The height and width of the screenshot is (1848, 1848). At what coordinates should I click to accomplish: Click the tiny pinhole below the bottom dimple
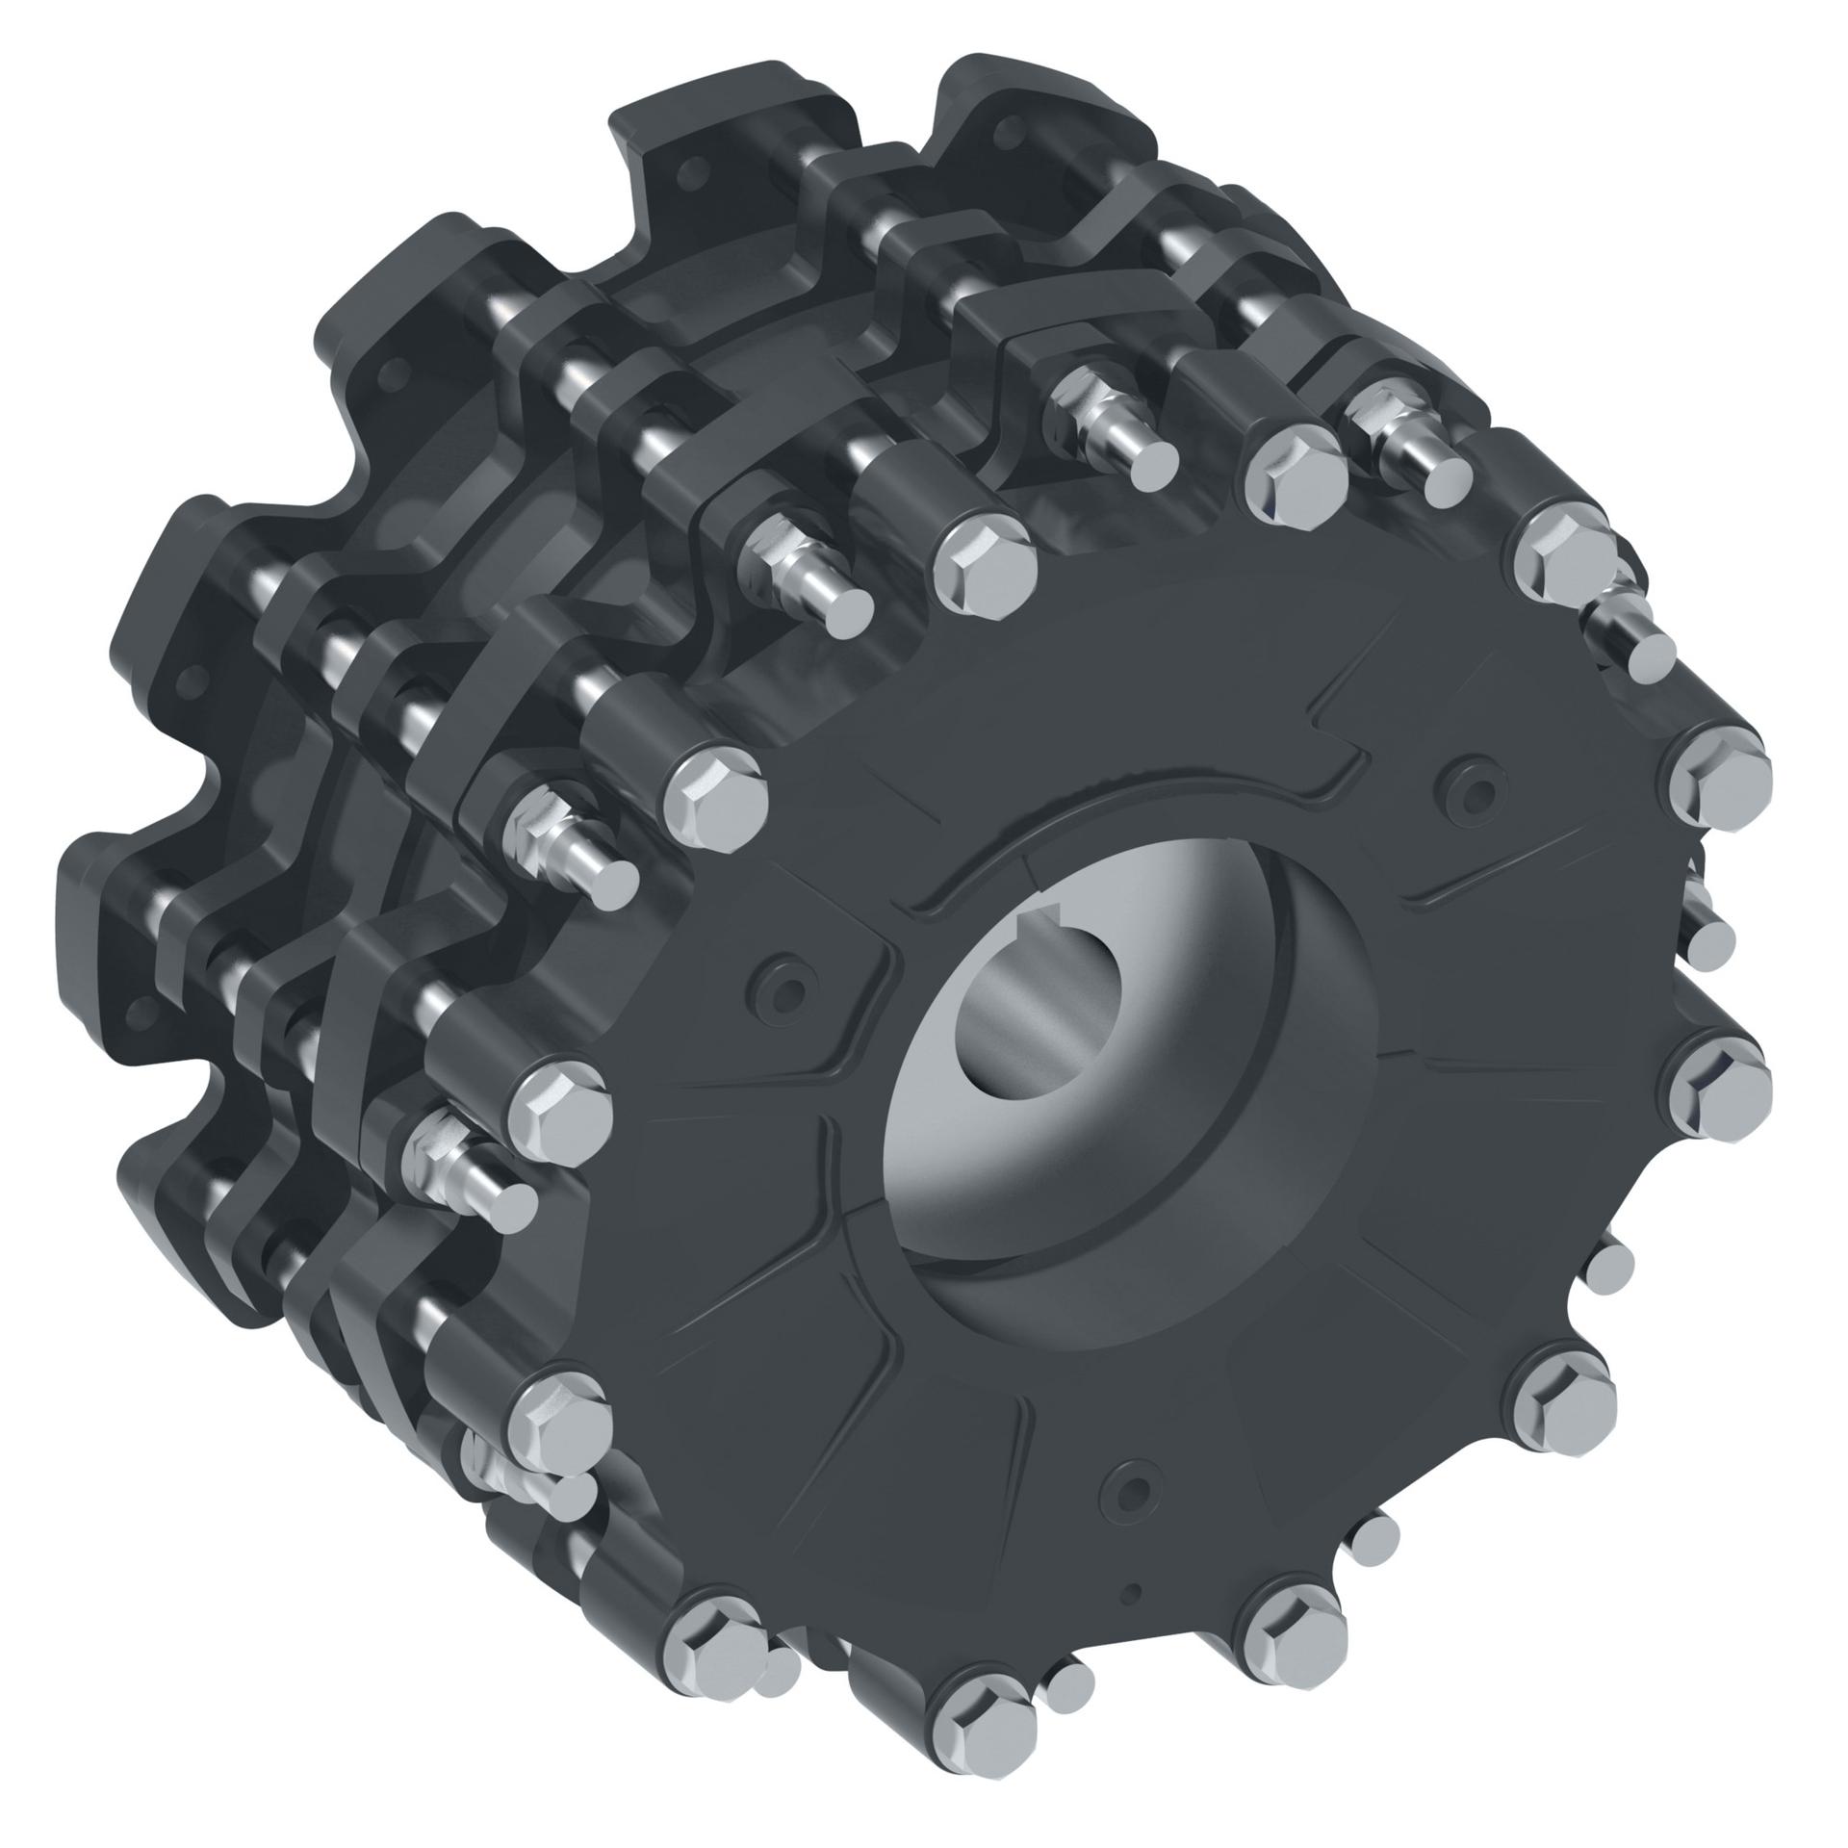point(1136,1591)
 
